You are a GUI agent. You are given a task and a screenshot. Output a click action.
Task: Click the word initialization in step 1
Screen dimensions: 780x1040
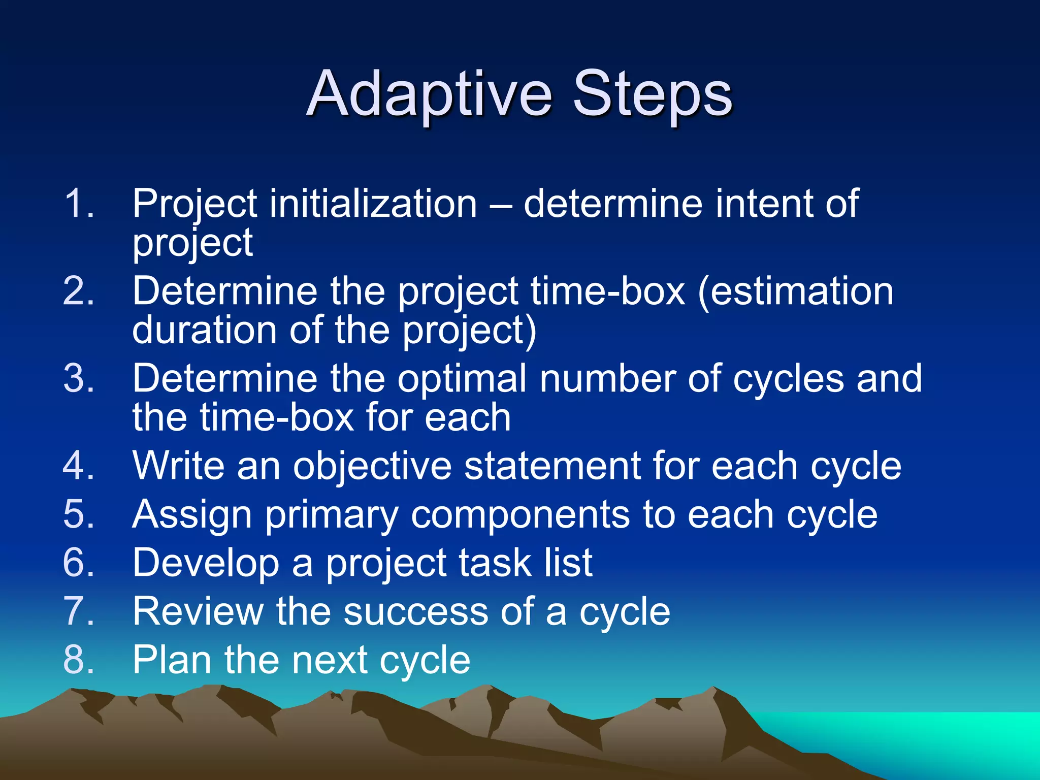click(373, 204)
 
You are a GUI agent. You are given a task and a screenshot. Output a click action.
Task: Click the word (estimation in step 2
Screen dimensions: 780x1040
click(795, 291)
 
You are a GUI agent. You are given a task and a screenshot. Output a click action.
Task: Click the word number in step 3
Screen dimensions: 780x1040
click(607, 379)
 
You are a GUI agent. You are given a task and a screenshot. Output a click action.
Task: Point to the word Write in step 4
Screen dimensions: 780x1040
click(178, 466)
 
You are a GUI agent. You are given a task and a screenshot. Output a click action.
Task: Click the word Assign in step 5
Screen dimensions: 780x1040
click(192, 514)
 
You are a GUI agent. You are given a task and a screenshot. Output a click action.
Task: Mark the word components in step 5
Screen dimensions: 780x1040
click(520, 514)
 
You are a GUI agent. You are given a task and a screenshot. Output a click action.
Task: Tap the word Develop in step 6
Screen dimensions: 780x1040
click(206, 563)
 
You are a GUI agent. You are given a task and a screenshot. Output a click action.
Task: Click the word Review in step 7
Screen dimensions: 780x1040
click(198, 611)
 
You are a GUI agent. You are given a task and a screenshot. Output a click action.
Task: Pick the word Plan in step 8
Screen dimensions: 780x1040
click(172, 660)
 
